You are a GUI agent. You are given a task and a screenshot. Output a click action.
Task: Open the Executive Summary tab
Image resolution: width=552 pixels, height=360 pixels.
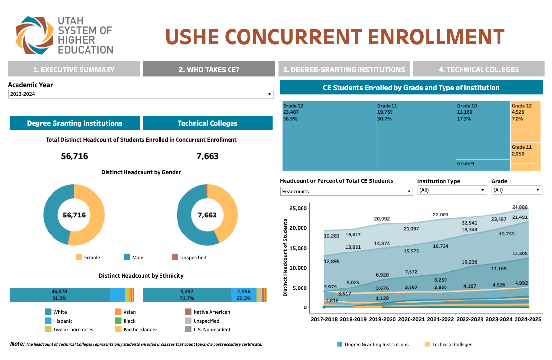(73, 69)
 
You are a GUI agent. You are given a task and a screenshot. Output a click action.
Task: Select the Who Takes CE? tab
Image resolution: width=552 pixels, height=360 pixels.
(209, 69)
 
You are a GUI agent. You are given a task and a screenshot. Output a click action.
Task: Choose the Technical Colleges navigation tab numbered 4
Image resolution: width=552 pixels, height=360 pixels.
(479, 69)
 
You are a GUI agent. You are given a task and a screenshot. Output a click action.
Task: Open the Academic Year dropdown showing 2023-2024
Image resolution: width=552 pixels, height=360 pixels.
(141, 94)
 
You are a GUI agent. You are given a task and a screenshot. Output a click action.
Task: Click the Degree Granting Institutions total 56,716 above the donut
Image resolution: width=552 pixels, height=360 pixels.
(74, 156)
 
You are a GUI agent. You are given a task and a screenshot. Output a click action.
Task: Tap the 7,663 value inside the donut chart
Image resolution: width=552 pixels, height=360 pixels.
(207, 215)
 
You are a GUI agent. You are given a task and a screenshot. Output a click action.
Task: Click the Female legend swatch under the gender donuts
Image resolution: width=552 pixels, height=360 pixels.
(79, 257)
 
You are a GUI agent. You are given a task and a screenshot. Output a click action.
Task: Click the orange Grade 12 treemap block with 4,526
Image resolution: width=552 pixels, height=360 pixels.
(525, 122)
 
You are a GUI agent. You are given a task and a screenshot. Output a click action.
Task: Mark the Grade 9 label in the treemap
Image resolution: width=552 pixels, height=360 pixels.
(464, 164)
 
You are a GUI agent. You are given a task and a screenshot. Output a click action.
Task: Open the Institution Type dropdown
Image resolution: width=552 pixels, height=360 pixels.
(452, 190)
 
